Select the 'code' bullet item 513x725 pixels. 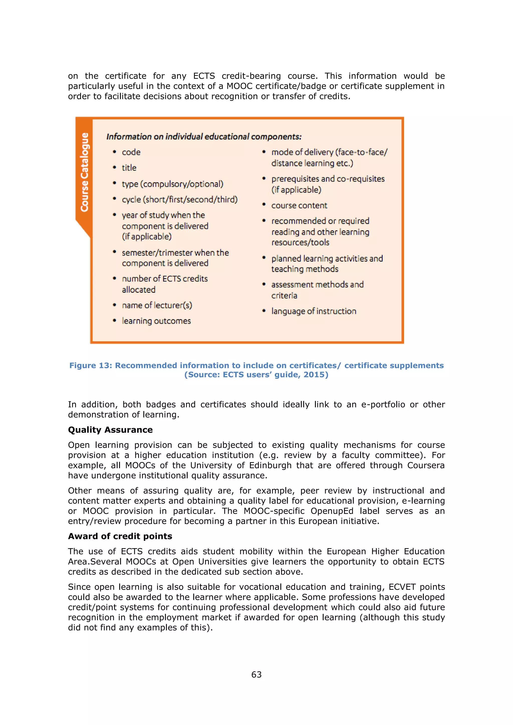pos(131,152)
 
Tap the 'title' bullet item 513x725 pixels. pos(129,168)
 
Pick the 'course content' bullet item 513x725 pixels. pos(299,206)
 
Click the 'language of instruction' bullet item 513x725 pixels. pos(313,311)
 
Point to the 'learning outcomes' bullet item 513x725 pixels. pos(156,321)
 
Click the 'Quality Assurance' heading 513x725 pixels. pos(110,430)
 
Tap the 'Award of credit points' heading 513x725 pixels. pos(120,536)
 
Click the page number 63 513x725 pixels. pos(256,674)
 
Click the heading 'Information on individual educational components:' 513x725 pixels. pos(204,137)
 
